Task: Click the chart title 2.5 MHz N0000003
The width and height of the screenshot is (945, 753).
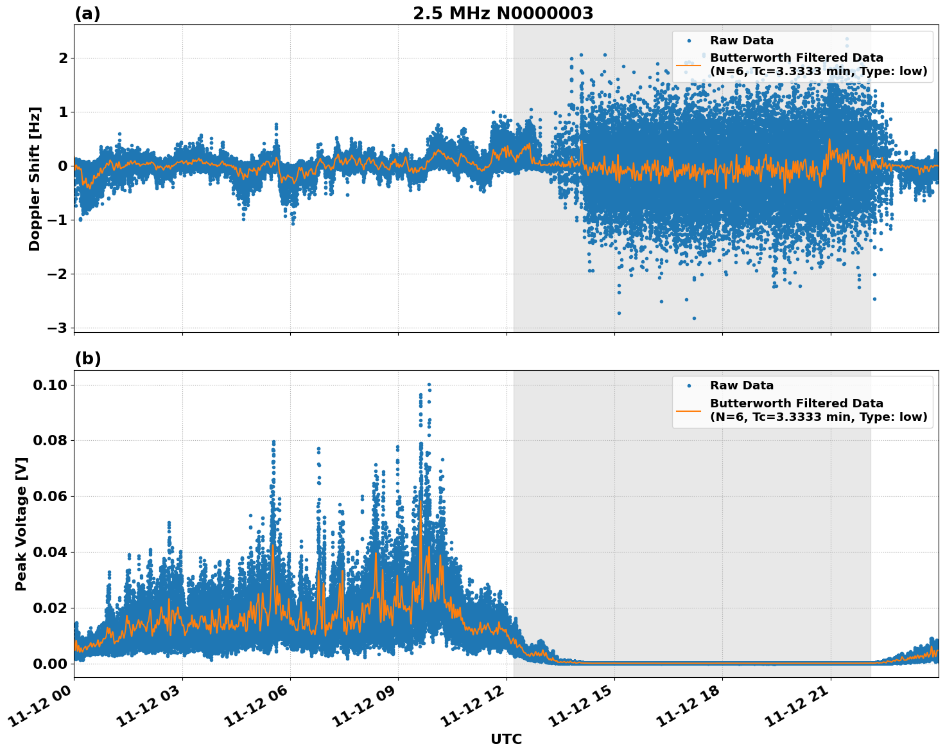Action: click(x=503, y=13)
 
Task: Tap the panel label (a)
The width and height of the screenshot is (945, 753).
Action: click(x=87, y=13)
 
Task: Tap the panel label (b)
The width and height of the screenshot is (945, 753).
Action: click(x=88, y=359)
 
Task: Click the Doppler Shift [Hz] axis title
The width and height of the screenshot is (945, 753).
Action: click(x=35, y=179)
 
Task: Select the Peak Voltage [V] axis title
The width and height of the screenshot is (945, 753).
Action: click(x=21, y=524)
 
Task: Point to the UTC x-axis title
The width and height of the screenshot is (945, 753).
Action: click(x=506, y=740)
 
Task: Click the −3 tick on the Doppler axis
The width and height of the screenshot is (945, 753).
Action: click(x=58, y=328)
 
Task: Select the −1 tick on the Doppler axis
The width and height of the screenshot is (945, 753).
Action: click(x=58, y=220)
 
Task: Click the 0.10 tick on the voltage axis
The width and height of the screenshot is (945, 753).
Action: click(x=49, y=385)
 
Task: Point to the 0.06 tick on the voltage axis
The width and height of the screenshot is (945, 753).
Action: click(x=49, y=497)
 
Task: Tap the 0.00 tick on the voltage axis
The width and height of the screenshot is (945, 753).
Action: click(x=49, y=664)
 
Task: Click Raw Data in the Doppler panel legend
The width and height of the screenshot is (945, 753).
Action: click(x=741, y=40)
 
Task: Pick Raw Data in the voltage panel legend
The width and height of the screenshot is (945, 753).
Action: click(x=741, y=385)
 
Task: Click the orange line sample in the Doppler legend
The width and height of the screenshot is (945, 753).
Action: click(x=689, y=65)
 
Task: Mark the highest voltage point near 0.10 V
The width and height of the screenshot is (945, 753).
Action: click(x=429, y=385)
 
